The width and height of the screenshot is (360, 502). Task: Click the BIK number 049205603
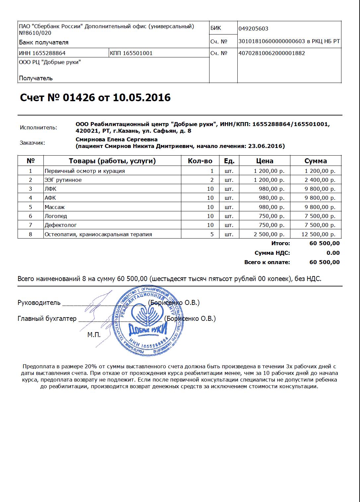pyautogui.click(x=253, y=29)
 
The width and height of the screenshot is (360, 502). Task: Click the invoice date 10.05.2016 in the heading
pyautogui.click(x=142, y=98)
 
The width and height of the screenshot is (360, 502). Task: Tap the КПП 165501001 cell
pyautogui.click(x=131, y=53)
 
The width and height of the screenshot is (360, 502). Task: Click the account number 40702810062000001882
pyautogui.click(x=271, y=53)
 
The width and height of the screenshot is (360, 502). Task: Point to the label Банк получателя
pyautogui.click(x=44, y=42)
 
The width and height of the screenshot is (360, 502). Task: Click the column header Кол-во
pyautogui.click(x=200, y=161)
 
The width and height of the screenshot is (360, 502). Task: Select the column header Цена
pyautogui.click(x=265, y=161)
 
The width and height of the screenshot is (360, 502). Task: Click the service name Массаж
pyautogui.click(x=55, y=207)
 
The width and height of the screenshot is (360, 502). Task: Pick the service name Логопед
pyautogui.click(x=56, y=216)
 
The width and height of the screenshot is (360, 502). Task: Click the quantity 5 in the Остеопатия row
pyautogui.click(x=212, y=234)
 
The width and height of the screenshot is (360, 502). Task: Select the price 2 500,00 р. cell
pyautogui.click(x=269, y=234)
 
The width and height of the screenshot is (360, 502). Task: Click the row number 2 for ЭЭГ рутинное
pyautogui.click(x=30, y=180)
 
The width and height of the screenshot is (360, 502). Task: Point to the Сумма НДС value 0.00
pyautogui.click(x=333, y=253)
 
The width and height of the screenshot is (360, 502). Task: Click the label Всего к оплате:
pyautogui.click(x=267, y=262)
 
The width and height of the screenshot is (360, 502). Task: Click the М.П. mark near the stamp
pyautogui.click(x=94, y=335)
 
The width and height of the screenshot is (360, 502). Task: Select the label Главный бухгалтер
pyautogui.click(x=47, y=319)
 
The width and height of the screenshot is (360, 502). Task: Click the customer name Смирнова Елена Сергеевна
pyautogui.click(x=116, y=139)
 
